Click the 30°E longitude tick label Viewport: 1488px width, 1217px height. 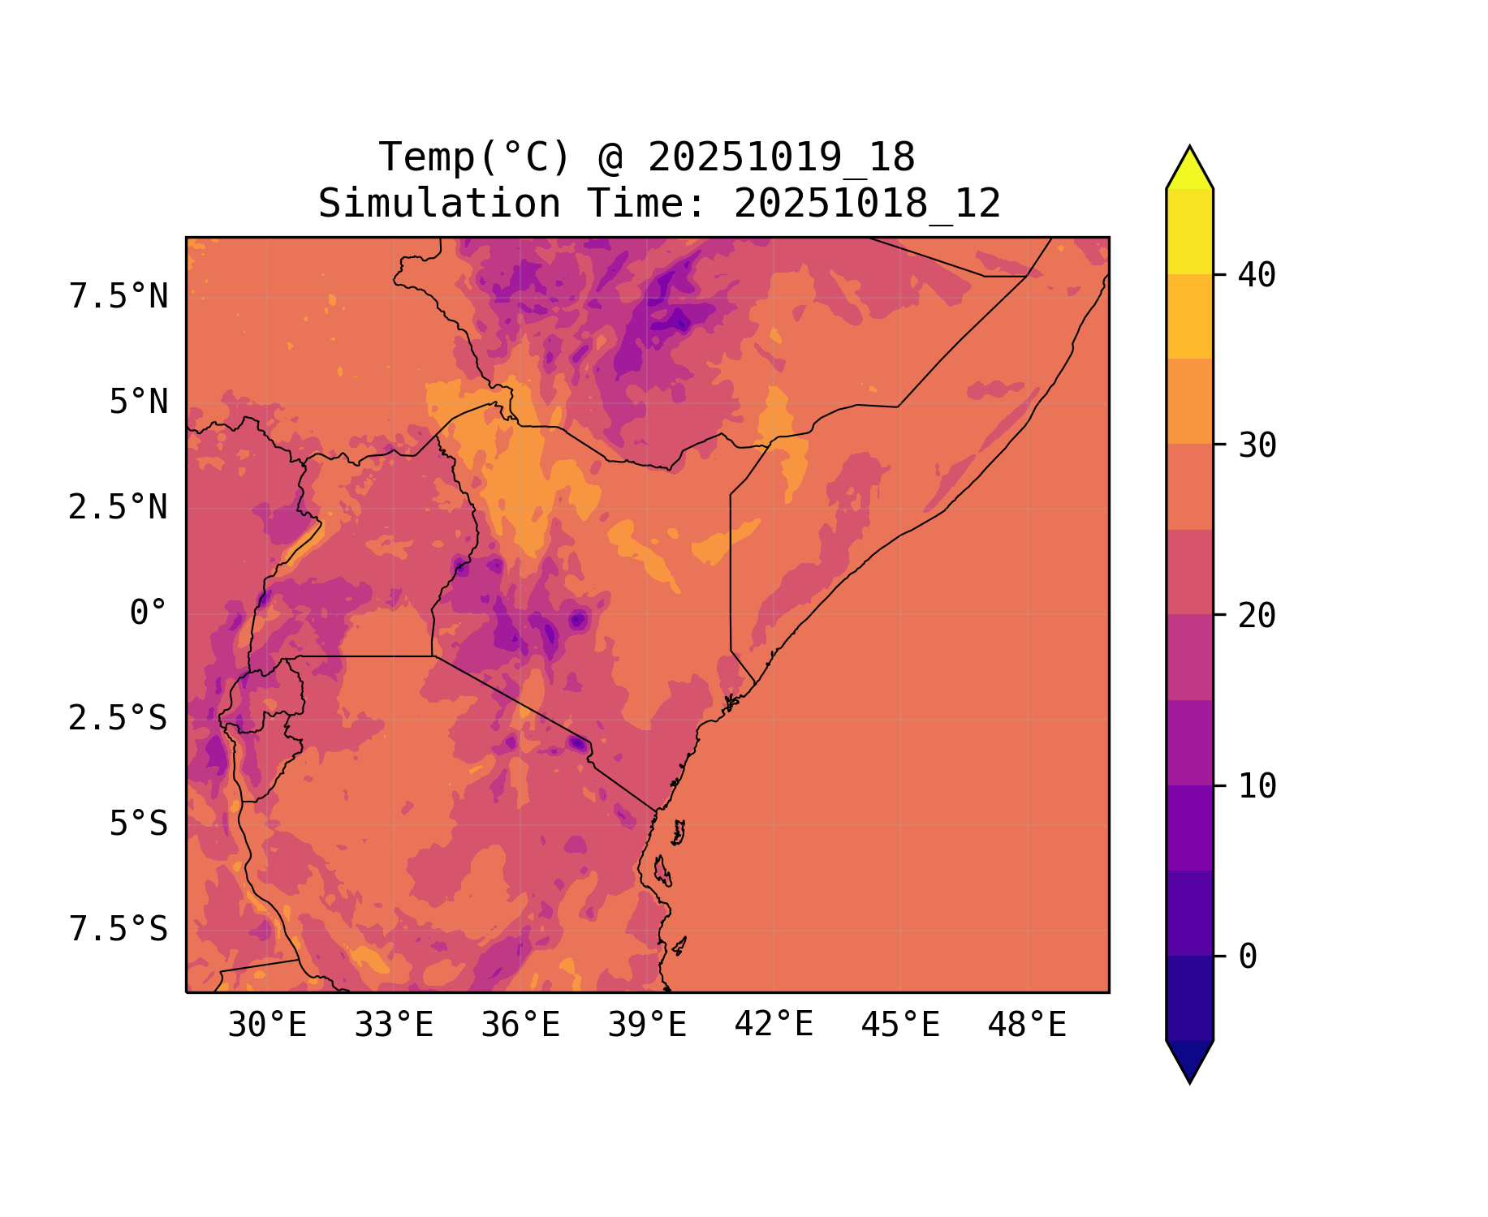coord(267,1026)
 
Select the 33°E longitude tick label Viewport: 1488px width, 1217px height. coord(394,1026)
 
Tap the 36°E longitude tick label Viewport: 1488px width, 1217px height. coord(520,1026)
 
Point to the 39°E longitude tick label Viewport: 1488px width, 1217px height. coord(647,1026)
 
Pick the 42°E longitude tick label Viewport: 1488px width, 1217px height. coord(774,1025)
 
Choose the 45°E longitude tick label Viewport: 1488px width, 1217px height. coord(900,1026)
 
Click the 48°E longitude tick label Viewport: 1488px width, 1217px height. coord(1027,1026)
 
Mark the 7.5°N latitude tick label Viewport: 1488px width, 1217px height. coord(119,297)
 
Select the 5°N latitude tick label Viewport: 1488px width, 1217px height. coord(139,402)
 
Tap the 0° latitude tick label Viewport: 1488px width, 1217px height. coord(149,613)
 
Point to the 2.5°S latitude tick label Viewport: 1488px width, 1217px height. coord(119,719)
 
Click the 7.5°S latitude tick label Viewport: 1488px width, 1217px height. coord(119,930)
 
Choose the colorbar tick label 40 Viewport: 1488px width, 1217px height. coord(1257,276)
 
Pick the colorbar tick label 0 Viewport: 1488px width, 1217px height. coord(1248,957)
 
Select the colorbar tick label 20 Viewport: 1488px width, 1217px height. coord(1257,617)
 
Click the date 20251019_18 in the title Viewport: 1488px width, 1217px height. coord(782,157)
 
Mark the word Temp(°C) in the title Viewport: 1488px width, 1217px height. coord(475,157)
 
